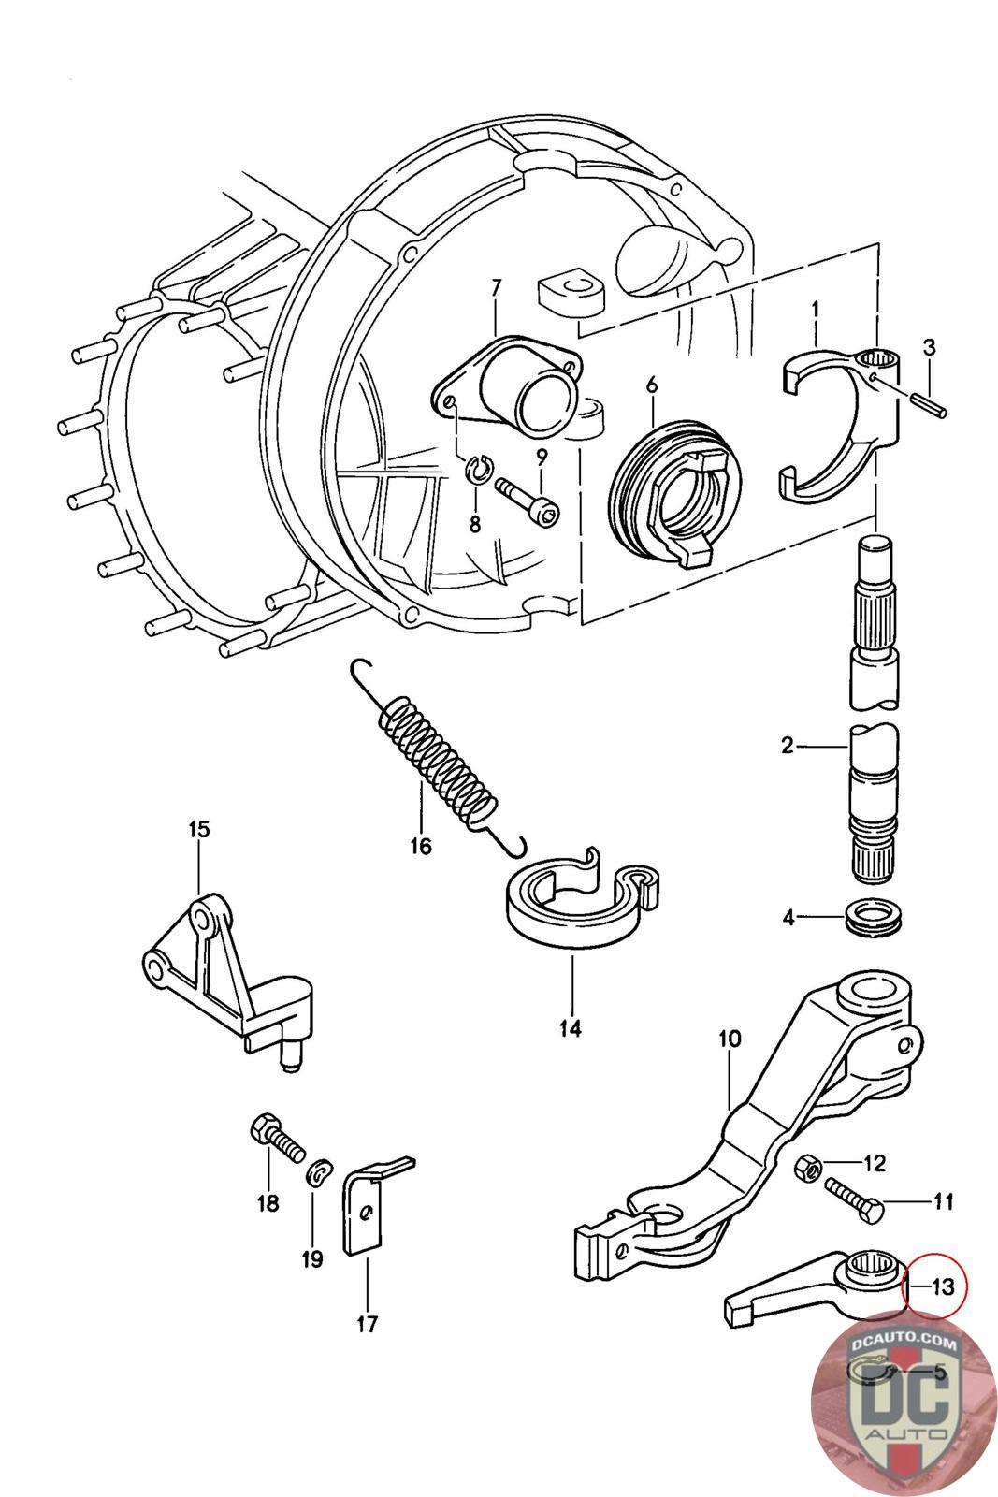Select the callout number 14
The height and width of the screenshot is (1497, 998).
(570, 1028)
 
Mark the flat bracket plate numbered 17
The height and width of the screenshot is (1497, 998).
(368, 1212)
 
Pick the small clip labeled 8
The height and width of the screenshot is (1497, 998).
(478, 472)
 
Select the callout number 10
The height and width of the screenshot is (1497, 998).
(730, 1039)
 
